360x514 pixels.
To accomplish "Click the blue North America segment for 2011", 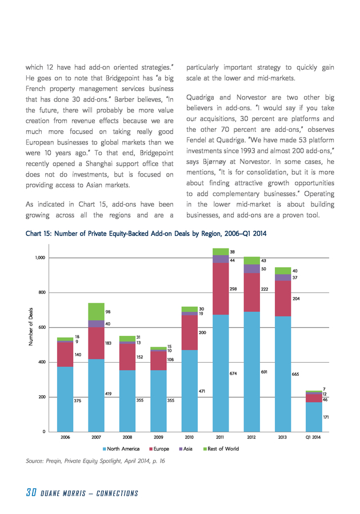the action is [221, 373].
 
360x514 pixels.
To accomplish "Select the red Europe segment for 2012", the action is [252, 292].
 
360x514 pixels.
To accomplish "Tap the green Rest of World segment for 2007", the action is [97, 312].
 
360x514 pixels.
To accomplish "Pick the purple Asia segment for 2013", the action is [283, 278].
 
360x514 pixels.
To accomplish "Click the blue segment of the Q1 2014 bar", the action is [314, 417].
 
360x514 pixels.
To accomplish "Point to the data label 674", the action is [233, 374].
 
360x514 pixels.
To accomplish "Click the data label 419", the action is [109, 393].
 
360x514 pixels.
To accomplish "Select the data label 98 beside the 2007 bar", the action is [108, 312].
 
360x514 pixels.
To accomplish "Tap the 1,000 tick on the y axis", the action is [40, 258].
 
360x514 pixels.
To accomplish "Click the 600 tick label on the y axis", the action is [42, 327].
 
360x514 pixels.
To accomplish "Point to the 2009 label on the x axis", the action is [158, 437].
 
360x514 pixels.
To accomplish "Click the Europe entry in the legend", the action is [159, 449].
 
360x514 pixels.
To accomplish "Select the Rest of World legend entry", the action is [221, 449].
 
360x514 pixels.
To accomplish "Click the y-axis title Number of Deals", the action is [31, 327].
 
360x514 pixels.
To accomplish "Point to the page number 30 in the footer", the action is [31, 492].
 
